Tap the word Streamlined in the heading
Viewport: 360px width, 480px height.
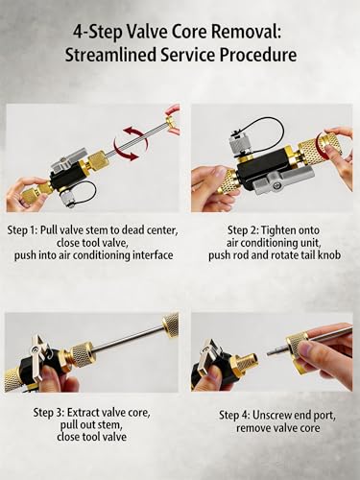110,55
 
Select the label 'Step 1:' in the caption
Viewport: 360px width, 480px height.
22,230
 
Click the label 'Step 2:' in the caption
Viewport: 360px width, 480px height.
243,230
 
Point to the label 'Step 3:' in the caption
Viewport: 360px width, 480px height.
49,412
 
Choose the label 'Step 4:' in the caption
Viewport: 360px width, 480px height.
234,416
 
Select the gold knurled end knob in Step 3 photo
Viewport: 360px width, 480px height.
171,322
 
